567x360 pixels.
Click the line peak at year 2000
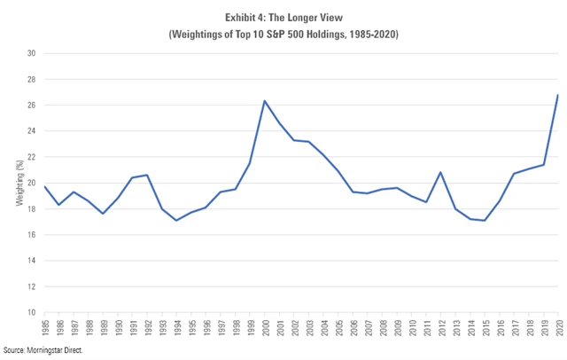(265, 101)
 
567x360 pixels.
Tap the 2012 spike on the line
(440, 172)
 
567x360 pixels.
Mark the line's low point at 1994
(177, 220)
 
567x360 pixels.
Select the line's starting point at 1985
(45, 186)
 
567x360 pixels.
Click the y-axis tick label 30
(30, 53)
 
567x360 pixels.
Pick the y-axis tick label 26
(30, 106)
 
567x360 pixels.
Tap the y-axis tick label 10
(30, 313)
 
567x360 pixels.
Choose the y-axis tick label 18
(30, 209)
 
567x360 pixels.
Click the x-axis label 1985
(45, 330)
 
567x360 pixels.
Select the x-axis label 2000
(265, 330)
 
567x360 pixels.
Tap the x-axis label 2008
(382, 330)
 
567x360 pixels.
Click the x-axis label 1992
(147, 330)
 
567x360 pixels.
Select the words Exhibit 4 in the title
(243, 16)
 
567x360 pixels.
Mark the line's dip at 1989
(104, 214)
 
